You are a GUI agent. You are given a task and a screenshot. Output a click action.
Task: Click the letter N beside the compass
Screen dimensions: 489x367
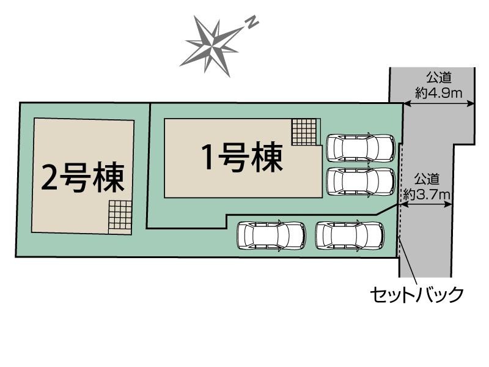[x=252, y=23]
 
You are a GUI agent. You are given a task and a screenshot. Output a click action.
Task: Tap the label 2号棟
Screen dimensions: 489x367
[x=83, y=177]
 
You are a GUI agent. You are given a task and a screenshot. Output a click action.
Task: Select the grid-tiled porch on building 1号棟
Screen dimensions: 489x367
[x=304, y=132]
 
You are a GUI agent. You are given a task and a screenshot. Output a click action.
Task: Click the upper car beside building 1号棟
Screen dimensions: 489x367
[x=361, y=148]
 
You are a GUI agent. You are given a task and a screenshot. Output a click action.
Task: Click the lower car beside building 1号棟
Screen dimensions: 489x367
[x=361, y=182]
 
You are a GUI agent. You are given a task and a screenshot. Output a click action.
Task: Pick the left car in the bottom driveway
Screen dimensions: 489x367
[x=271, y=235]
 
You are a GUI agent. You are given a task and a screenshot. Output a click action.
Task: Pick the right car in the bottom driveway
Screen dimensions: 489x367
[x=350, y=235]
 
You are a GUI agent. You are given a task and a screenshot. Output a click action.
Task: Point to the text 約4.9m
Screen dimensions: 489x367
[x=438, y=93]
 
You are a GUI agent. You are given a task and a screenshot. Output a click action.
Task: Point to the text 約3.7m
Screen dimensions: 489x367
[x=427, y=195]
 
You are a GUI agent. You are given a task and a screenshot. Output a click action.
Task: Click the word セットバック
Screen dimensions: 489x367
[x=417, y=294]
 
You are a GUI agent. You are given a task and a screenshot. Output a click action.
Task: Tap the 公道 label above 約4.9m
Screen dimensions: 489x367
[x=439, y=78]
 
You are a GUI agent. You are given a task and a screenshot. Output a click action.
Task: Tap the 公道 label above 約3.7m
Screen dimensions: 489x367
[x=427, y=180]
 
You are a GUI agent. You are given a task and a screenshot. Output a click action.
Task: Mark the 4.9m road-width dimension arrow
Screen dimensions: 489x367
[x=439, y=105]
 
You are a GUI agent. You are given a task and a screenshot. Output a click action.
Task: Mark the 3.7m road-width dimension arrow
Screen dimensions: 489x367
[x=426, y=204]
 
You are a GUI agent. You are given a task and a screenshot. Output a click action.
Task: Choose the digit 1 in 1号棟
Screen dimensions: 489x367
[x=208, y=158]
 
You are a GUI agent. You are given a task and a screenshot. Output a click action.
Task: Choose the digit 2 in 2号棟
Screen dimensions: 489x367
[x=49, y=177]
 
